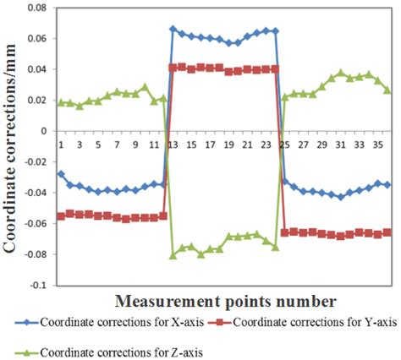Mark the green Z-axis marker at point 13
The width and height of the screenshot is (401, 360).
[x=173, y=255]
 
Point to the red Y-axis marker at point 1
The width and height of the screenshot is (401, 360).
[x=61, y=217]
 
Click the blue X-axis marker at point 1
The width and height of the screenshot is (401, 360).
[x=61, y=174]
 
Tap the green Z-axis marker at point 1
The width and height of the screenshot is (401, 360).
[x=61, y=102]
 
